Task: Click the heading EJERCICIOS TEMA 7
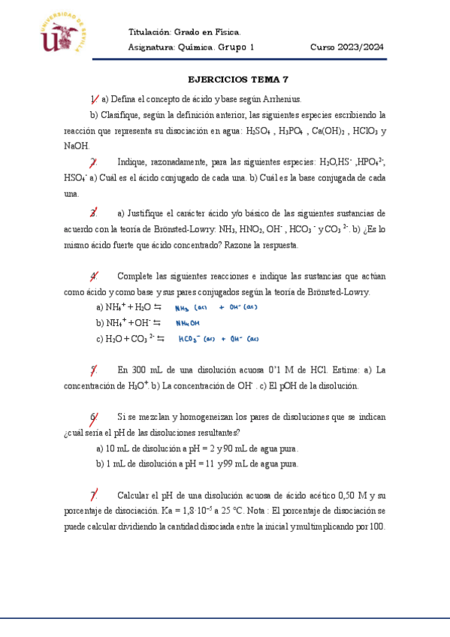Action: tap(237, 79)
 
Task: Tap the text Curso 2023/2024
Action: tap(347, 47)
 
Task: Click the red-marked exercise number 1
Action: tap(94, 99)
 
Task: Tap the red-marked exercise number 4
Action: tap(93, 276)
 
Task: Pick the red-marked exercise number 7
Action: tap(94, 495)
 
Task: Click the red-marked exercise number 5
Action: tap(93, 370)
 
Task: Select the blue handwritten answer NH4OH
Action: tap(189, 323)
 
